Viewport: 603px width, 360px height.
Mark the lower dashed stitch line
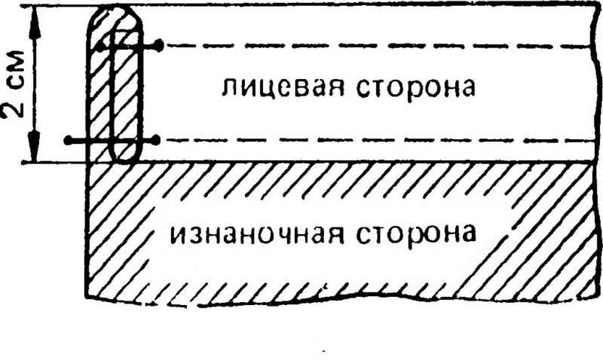377,140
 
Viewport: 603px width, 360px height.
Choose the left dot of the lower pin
69,140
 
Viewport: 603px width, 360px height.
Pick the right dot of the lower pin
155,140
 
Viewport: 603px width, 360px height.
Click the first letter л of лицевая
227,89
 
